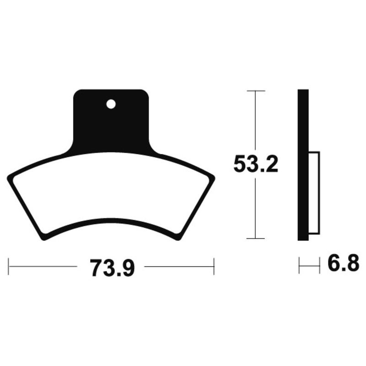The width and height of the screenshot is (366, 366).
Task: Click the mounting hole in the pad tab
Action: coord(110,104)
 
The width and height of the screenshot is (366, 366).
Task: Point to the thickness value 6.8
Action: coord(341,264)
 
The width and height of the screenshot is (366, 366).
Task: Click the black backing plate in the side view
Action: coord(303,165)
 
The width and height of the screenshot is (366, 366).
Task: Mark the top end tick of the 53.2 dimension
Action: coord(255,91)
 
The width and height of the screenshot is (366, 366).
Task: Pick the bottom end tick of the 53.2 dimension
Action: coord(255,238)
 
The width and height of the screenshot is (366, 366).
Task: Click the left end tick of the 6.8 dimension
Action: coord(299,265)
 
